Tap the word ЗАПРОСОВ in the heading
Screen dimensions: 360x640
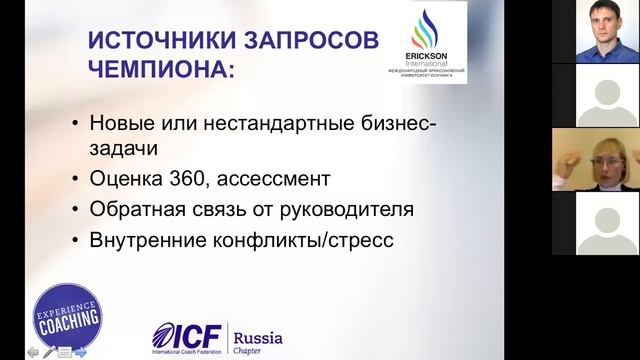tap(305, 41)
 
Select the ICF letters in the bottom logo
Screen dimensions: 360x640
tap(190, 334)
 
